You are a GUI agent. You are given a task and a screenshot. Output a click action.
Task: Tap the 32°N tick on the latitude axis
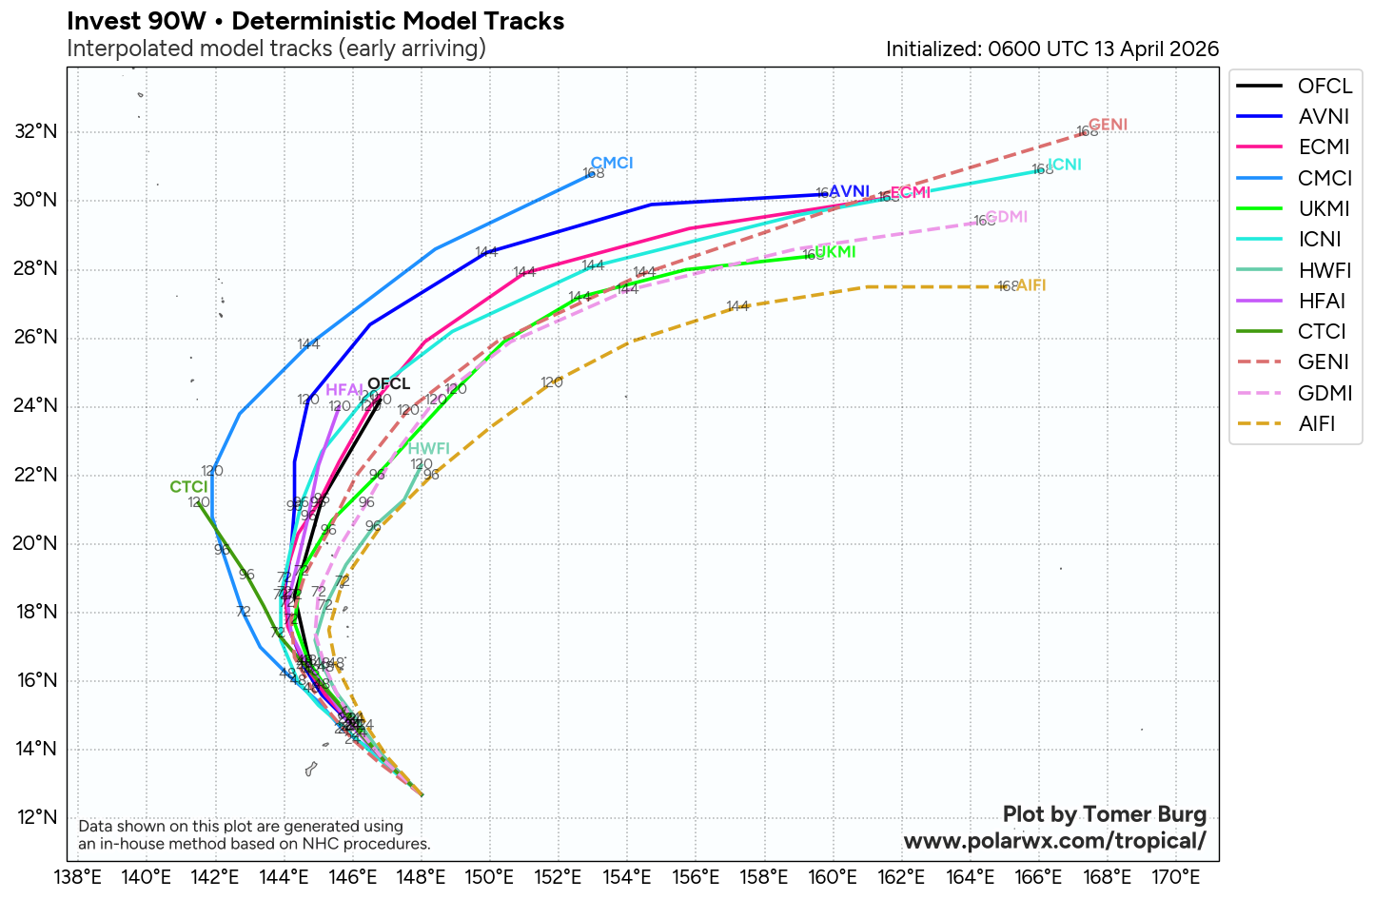tap(36, 132)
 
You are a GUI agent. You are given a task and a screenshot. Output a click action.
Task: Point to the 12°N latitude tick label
tap(36, 817)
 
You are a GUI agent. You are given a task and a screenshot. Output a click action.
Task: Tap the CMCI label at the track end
tap(612, 163)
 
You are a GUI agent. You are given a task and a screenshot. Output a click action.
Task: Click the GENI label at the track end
tap(1108, 125)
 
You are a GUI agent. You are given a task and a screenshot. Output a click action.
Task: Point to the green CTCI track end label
tap(188, 487)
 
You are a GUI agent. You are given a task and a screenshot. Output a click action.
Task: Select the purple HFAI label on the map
tap(343, 390)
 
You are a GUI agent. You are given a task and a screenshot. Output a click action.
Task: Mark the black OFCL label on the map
tap(388, 384)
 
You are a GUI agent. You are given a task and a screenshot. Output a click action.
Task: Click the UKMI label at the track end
tap(835, 252)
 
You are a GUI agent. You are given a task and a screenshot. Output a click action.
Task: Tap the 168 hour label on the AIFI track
tap(1008, 286)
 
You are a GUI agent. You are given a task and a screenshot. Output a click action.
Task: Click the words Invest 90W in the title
tap(136, 21)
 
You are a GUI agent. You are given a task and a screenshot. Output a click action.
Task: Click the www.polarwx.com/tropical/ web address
tap(1054, 841)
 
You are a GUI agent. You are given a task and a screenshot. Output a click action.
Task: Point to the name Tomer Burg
tap(1145, 814)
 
